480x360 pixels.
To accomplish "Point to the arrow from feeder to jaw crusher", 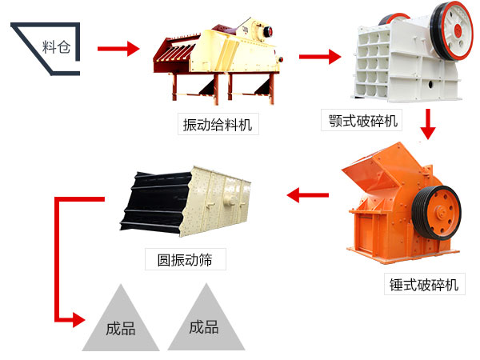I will pos(319,56).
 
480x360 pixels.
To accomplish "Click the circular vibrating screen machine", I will pos(188,204).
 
